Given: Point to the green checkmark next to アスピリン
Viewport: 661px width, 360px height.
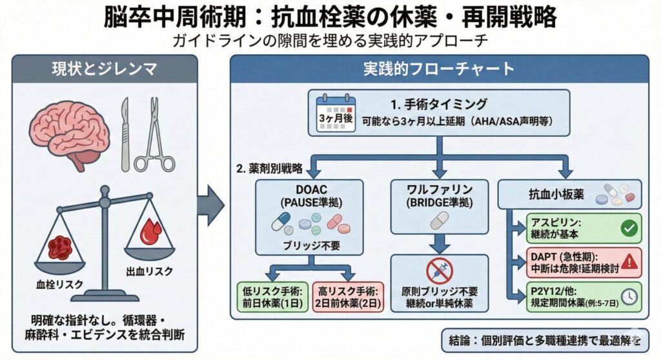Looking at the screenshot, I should pos(627,228).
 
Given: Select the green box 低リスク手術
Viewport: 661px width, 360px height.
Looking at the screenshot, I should pos(274,296).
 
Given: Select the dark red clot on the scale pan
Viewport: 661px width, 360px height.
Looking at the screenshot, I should pos(61,246).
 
